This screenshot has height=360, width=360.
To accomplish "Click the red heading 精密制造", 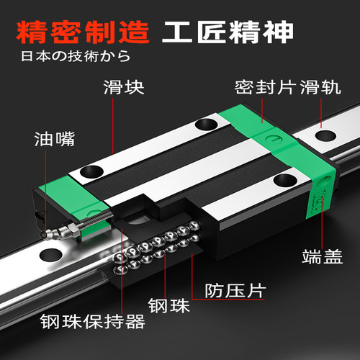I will click(81, 32).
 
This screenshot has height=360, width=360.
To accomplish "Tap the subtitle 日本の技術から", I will click(66, 55).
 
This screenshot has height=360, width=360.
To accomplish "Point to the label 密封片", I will click(259, 89).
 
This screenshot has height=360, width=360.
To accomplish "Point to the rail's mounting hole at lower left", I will click(50, 255).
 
